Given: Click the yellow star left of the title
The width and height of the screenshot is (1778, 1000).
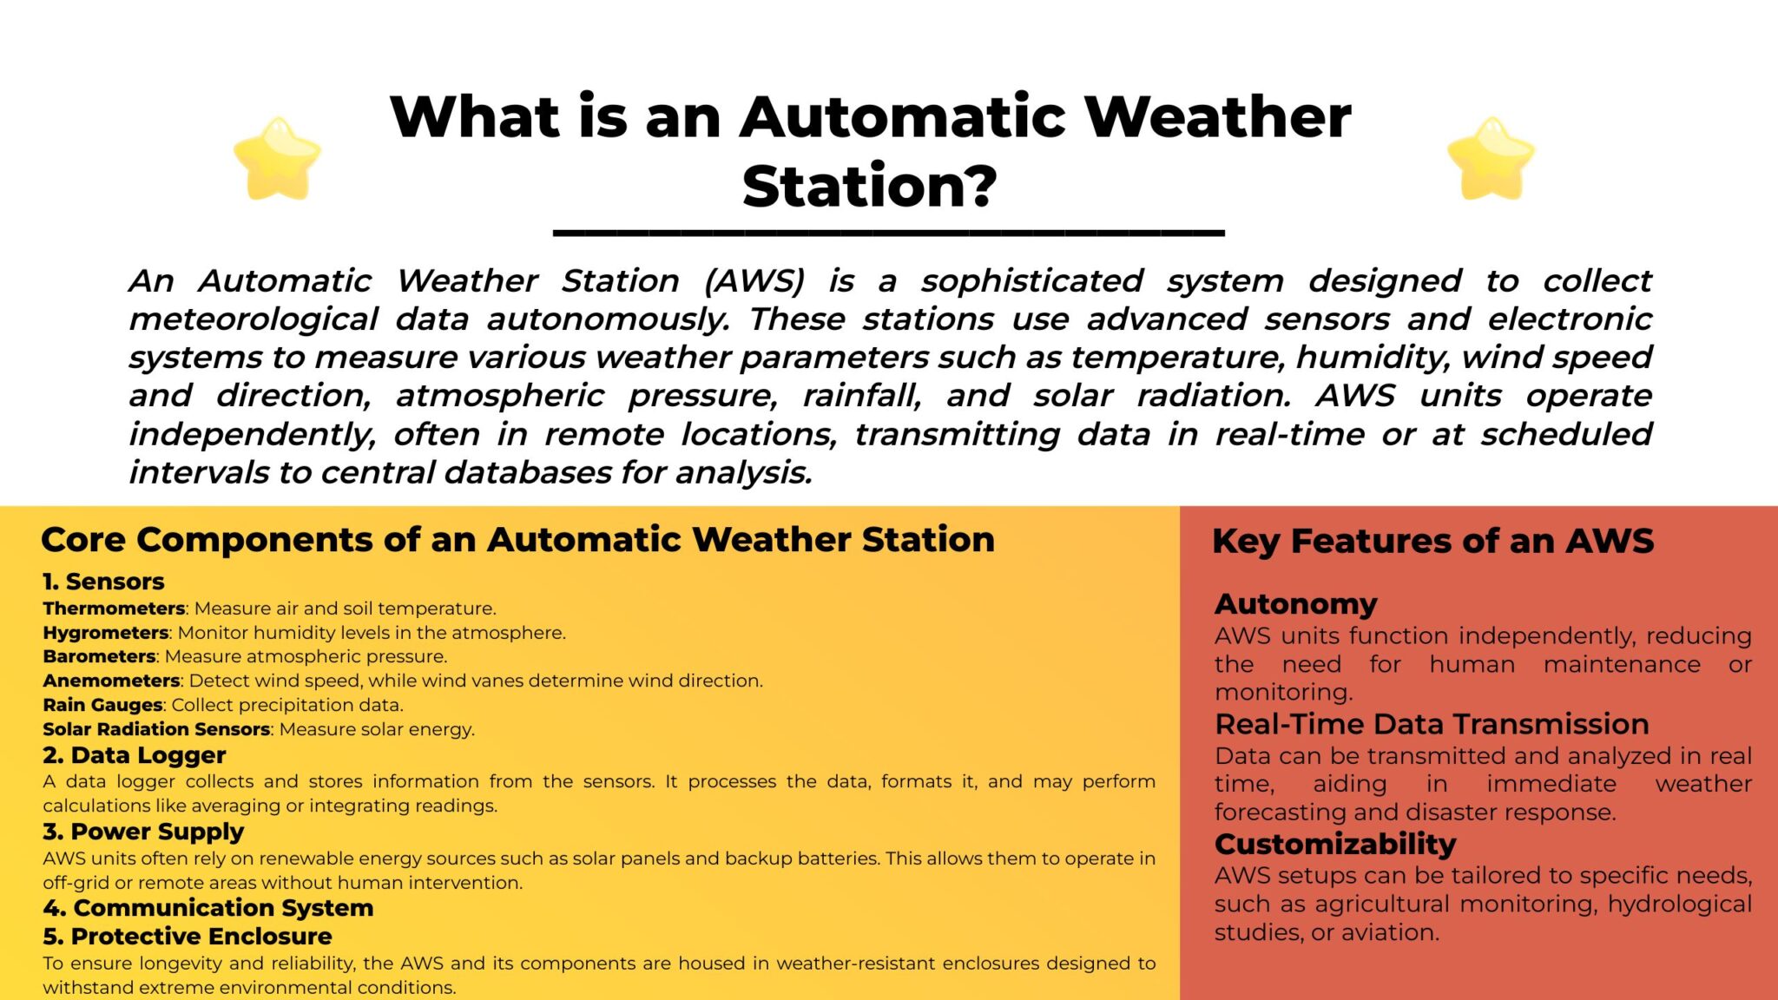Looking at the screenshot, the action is click(278, 159).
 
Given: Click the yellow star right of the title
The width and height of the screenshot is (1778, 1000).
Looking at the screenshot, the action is click(1491, 159).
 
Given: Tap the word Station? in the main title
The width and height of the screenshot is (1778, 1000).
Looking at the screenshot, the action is click(870, 187).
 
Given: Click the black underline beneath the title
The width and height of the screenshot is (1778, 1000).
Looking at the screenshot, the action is click(889, 233).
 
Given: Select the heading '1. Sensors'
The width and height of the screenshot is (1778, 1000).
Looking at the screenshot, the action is click(103, 582).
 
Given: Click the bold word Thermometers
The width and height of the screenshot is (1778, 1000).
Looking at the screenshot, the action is click(114, 609).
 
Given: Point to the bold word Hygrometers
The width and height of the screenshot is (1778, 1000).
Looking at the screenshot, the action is click(106, 633).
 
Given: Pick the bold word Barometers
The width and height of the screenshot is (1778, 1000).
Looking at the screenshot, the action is click(99, 656).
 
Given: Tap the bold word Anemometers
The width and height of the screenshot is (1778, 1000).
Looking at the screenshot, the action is click(111, 681).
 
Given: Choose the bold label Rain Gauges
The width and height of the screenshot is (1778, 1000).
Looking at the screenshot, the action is click(102, 705).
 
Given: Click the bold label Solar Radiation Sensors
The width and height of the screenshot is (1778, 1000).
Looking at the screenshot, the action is click(156, 729).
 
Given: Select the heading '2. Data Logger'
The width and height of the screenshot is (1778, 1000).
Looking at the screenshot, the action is click(135, 755).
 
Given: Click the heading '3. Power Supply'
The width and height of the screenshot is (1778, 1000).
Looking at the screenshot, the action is click(143, 832).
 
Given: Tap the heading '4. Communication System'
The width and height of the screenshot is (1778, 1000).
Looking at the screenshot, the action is click(208, 908).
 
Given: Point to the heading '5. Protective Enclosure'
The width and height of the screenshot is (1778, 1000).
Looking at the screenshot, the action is click(188, 937).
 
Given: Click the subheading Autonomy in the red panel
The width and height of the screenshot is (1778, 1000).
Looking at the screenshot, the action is click(1296, 604).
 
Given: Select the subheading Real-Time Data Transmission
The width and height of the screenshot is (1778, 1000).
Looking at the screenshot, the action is click(1432, 724).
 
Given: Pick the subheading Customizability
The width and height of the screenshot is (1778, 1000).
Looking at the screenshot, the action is click(1335, 844).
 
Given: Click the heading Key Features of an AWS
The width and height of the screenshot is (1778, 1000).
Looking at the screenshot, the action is click(1433, 542).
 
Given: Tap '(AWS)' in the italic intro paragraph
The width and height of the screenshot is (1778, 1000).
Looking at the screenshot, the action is click(754, 281).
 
